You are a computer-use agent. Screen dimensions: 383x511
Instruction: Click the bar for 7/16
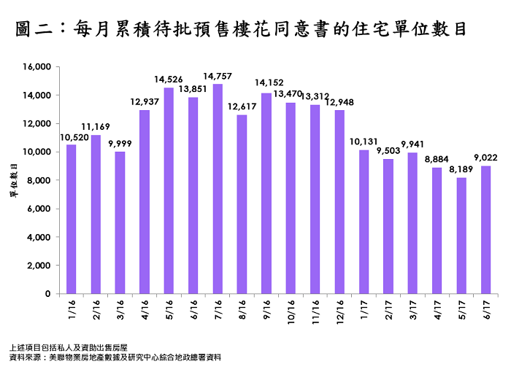coord(218,189)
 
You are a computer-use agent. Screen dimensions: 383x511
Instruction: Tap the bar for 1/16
coord(71,219)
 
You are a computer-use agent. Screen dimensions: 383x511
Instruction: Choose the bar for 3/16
coord(120,223)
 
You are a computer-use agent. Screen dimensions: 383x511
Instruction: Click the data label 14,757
coord(218,76)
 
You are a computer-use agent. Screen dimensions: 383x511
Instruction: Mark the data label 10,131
coord(364,142)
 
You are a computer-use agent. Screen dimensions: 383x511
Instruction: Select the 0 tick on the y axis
coord(47,294)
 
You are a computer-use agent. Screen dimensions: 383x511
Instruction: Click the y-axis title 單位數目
coord(12,180)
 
